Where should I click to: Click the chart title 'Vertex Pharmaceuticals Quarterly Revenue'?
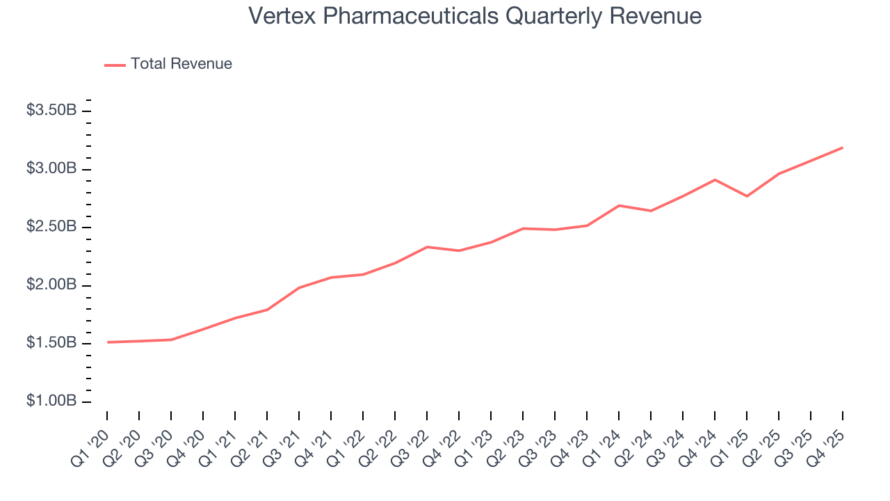click(x=475, y=16)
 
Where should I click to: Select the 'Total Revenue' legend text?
click(x=181, y=64)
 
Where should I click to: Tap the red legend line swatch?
click(x=115, y=65)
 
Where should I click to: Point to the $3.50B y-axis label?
click(x=51, y=111)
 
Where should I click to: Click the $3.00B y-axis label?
click(x=51, y=169)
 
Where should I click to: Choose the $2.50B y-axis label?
click(x=51, y=227)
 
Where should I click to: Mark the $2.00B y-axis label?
click(x=51, y=285)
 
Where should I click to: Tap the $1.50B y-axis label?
click(x=51, y=343)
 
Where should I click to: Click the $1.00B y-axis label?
click(x=51, y=401)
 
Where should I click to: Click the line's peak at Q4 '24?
click(x=715, y=180)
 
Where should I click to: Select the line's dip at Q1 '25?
click(x=747, y=196)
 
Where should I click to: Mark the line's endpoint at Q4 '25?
click(x=843, y=148)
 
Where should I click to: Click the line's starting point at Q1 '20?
click(x=107, y=342)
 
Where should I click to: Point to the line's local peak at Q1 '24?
click(x=619, y=205)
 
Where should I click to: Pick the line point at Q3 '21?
click(x=299, y=287)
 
